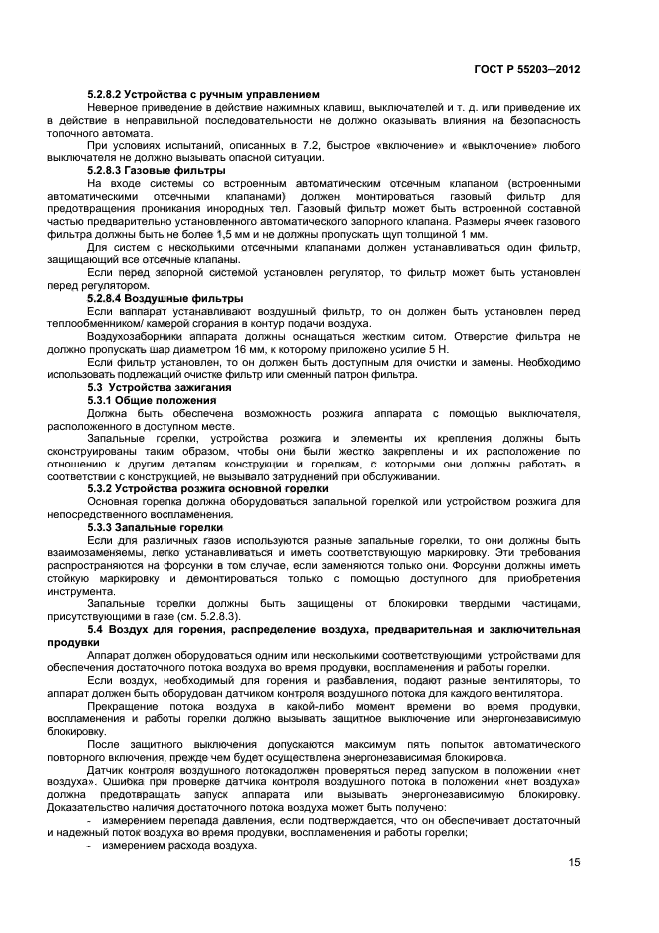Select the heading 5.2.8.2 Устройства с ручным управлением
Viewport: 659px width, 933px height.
click(202, 94)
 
